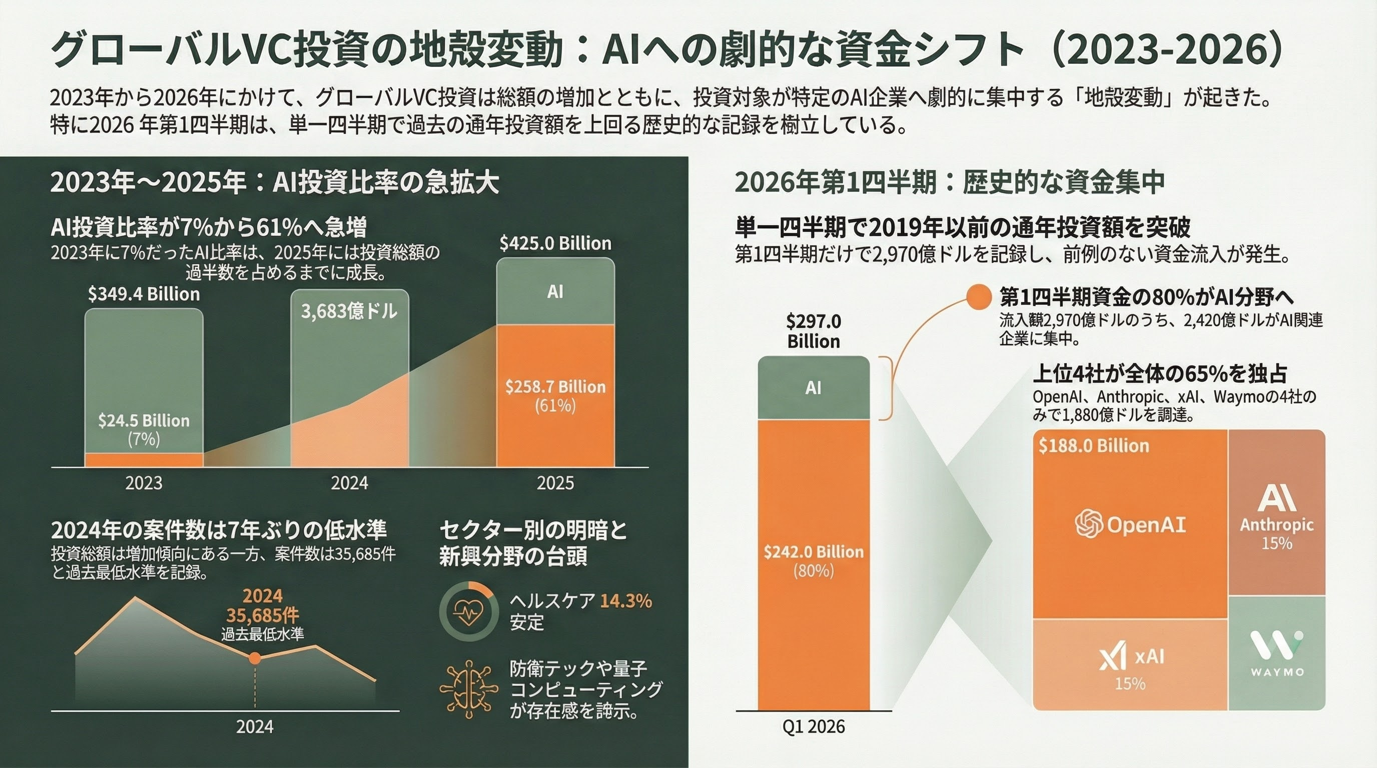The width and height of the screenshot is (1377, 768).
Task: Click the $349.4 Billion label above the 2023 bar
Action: pyautogui.click(x=144, y=294)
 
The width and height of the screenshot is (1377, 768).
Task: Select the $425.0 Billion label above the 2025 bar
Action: pyautogui.click(x=555, y=243)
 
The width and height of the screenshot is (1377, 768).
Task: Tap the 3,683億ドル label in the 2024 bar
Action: pyautogui.click(x=349, y=311)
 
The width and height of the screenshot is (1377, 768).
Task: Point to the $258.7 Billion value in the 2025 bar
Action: pyautogui.click(x=555, y=386)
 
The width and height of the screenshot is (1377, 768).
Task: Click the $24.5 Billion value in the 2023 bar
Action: pyautogui.click(x=144, y=421)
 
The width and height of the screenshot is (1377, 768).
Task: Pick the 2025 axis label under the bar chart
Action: pyautogui.click(x=555, y=483)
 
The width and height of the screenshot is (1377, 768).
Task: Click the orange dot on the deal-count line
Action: pyautogui.click(x=255, y=658)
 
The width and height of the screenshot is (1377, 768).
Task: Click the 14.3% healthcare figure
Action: pyautogui.click(x=626, y=601)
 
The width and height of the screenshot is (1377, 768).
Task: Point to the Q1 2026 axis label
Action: pyautogui.click(x=814, y=727)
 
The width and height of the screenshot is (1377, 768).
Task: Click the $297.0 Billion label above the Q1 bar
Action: pyautogui.click(x=814, y=331)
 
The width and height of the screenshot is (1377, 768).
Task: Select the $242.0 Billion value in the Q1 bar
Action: pyautogui.click(x=814, y=551)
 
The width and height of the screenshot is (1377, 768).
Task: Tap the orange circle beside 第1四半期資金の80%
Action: pyautogui.click(x=979, y=297)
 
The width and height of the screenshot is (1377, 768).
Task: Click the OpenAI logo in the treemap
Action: pyautogui.click(x=1089, y=524)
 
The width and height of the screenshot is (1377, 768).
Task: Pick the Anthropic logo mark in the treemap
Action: pyautogui.click(x=1276, y=498)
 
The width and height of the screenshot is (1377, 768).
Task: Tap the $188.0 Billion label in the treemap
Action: pyautogui.click(x=1094, y=446)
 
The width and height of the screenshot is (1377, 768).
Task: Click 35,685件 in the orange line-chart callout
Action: pyautogui.click(x=263, y=615)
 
